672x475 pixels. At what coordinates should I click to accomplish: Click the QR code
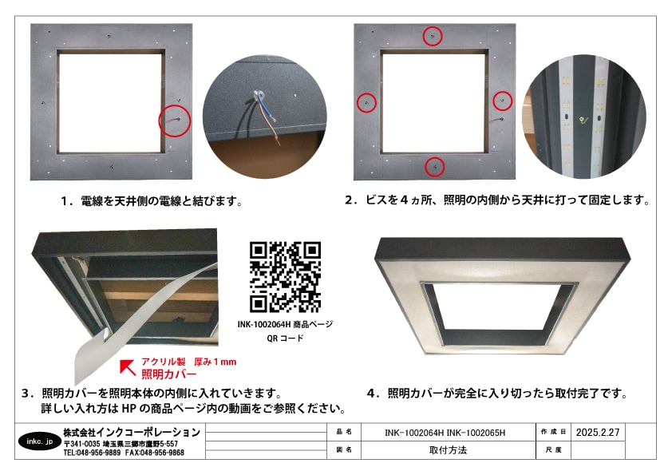285,276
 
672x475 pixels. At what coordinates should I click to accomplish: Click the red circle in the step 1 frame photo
175,121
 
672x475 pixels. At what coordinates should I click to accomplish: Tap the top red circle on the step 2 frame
433,36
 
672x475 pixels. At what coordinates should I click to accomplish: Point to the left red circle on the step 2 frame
366,102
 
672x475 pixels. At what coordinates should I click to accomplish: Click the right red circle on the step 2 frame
502,101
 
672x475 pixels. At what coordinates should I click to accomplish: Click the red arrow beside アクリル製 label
127,367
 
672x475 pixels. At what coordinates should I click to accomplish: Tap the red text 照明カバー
169,374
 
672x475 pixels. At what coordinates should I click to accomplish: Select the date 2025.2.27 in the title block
597,431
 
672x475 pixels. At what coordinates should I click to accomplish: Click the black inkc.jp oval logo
38,441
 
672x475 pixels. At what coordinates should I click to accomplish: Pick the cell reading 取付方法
447,450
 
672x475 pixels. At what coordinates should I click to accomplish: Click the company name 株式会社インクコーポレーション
132,432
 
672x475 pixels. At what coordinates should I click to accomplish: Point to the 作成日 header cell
552,431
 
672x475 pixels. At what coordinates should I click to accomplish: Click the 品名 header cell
345,432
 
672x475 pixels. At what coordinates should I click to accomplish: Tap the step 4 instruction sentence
496,393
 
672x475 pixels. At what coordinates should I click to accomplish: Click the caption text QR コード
285,338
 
